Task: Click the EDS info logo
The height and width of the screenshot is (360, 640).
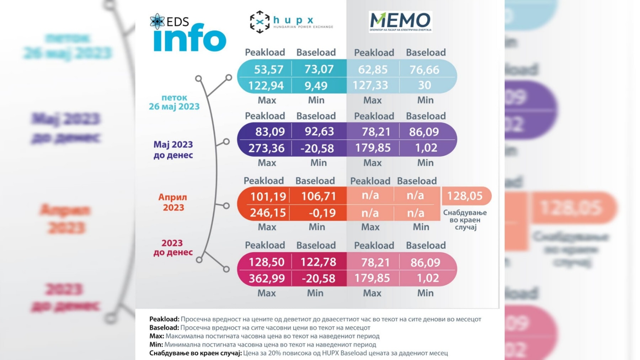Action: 188,33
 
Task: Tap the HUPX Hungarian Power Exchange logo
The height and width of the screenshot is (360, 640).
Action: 291,22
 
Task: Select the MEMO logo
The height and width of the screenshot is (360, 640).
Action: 400,22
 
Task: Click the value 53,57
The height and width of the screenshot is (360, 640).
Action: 268,69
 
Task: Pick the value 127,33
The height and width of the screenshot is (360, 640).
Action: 370,85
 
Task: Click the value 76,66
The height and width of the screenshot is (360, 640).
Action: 424,70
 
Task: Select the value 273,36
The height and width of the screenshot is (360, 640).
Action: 266,148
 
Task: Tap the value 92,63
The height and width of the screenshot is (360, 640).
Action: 319,132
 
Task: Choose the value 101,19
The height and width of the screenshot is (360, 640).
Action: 268,196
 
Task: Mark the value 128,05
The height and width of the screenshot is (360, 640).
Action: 464,196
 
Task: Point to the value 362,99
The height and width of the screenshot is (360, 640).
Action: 267,278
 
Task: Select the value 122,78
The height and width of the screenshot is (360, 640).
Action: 318,262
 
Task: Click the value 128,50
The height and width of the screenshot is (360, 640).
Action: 266,262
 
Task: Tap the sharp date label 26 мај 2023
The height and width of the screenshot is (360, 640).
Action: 174,106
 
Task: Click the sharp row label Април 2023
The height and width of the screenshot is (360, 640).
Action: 173,202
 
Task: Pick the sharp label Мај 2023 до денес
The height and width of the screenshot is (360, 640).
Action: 173,149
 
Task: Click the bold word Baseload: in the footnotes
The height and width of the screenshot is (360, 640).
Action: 164,328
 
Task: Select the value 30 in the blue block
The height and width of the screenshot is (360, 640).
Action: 424,85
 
